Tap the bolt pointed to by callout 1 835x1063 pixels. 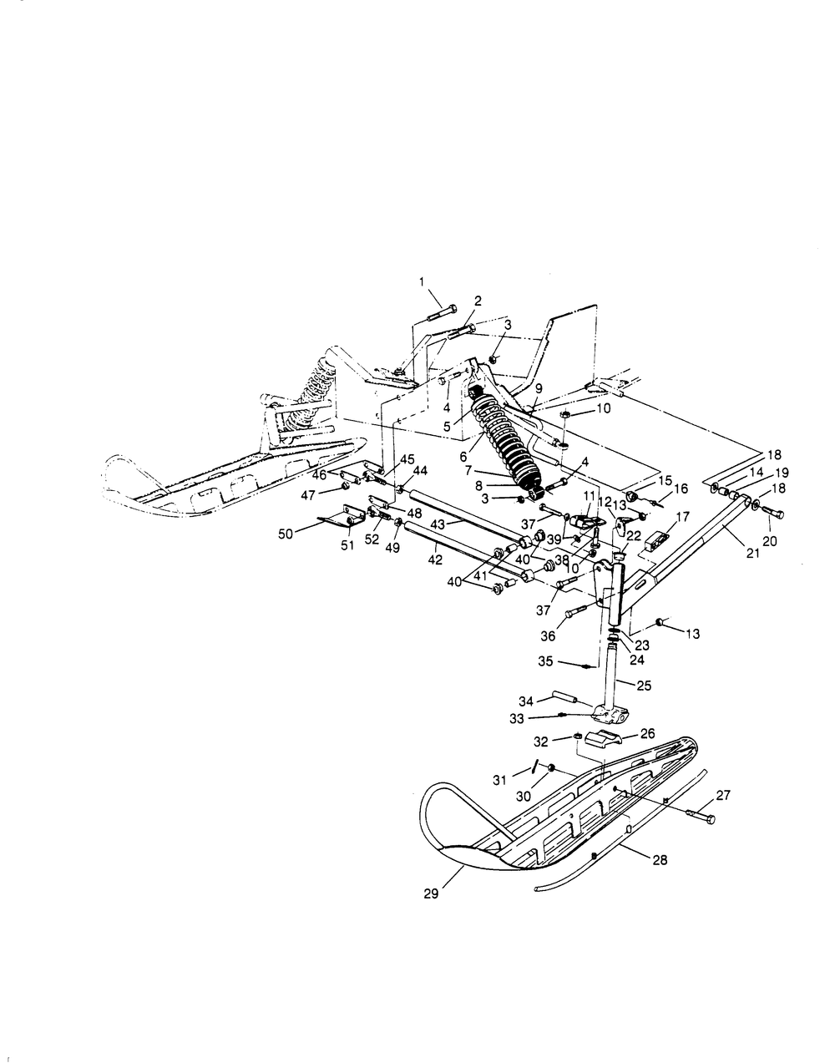(442, 312)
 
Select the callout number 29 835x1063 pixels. (431, 893)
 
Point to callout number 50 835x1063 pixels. (286, 534)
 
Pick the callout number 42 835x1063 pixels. (435, 559)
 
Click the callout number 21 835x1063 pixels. (753, 553)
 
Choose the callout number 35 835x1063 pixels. (545, 661)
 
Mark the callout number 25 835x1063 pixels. (645, 686)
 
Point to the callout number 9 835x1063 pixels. (539, 389)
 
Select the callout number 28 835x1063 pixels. (660, 859)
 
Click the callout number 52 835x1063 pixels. (372, 539)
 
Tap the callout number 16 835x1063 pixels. (681, 488)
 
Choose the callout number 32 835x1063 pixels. (540, 742)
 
